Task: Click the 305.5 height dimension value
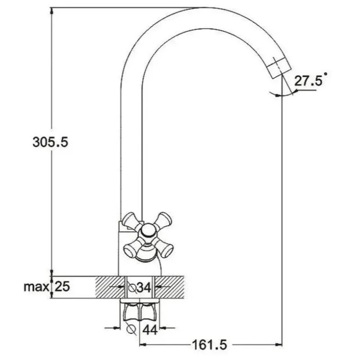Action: tap(50, 142)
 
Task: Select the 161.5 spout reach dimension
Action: tap(209, 344)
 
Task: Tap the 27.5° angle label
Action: tap(311, 80)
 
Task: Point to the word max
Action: tap(36, 287)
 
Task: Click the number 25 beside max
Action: tap(62, 286)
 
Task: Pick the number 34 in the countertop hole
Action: tap(144, 288)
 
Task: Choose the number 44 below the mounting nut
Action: tap(150, 330)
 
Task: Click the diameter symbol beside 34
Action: tap(132, 287)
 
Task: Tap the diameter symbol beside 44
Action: tap(131, 329)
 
